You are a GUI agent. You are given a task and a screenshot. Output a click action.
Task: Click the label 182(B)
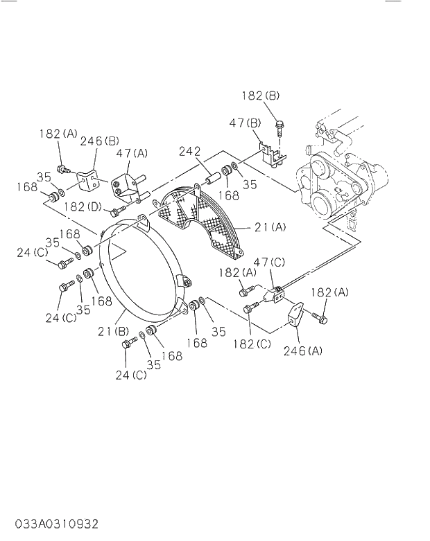[261, 96]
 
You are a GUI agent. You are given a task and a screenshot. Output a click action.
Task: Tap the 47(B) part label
[245, 123]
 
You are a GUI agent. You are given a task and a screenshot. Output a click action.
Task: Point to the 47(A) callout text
[132, 153]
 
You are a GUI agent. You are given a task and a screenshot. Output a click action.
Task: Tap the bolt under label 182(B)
[279, 128]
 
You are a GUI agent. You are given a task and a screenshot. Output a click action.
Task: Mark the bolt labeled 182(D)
[118, 209]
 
